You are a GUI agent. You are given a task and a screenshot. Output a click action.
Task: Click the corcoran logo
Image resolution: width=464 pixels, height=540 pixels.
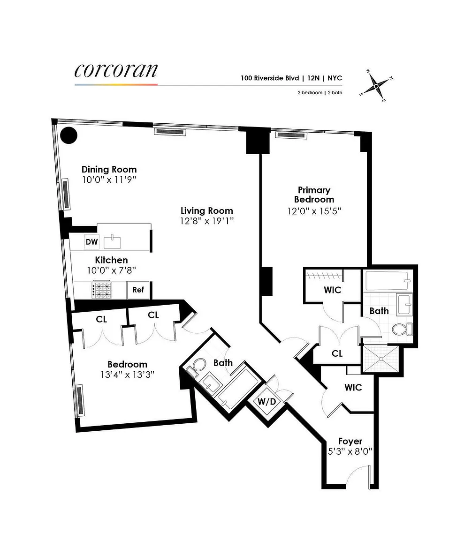(116, 71)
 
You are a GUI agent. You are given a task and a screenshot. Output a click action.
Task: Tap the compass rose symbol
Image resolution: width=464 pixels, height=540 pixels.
(376, 85)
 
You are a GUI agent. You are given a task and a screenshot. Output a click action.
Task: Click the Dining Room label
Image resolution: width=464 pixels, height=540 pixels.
(109, 169)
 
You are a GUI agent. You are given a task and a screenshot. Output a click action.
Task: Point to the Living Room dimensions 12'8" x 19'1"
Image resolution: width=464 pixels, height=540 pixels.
(207, 221)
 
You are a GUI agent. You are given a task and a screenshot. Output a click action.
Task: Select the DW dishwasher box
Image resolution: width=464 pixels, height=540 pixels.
(91, 242)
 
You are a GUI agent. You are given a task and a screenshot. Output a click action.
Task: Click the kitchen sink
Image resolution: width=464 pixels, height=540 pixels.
(113, 242)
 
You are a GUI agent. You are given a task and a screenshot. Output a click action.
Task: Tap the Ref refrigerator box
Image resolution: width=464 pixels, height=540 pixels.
(138, 290)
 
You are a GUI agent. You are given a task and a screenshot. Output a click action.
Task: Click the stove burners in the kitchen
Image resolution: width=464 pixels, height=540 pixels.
(102, 290)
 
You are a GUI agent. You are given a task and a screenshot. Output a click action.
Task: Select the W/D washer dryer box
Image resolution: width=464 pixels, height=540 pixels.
(267, 402)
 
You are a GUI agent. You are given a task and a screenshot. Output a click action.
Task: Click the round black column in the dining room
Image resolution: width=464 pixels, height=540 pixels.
(68, 135)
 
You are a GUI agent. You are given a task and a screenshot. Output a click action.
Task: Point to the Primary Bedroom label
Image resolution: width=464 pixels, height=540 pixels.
(314, 195)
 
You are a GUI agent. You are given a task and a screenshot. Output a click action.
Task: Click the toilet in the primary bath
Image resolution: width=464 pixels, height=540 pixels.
(402, 329)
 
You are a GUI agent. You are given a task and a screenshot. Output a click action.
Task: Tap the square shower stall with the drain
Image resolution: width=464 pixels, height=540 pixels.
(381, 359)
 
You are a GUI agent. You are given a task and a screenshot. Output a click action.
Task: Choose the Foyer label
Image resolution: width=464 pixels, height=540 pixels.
(350, 441)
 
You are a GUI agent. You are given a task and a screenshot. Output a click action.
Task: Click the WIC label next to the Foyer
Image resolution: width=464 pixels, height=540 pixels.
(353, 388)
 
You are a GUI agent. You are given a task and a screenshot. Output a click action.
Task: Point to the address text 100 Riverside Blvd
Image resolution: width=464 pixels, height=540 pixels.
(270, 78)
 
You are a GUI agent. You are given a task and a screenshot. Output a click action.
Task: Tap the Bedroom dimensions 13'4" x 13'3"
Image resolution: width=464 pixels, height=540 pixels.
(128, 375)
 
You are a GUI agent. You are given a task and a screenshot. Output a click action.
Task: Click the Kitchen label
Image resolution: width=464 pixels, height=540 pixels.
(111, 260)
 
